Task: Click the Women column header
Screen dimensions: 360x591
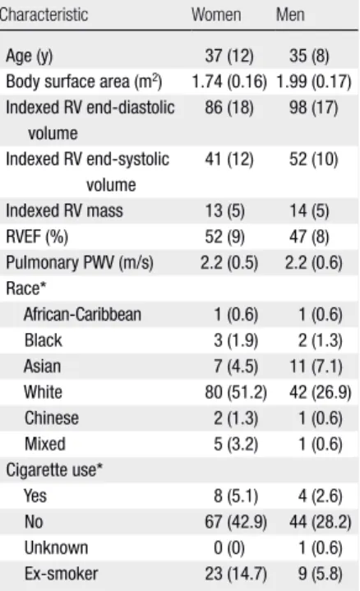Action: [x=216, y=15]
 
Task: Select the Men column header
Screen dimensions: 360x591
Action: [x=290, y=15]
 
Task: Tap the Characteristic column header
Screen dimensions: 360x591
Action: [x=44, y=15]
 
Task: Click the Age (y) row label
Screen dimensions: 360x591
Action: [x=30, y=56]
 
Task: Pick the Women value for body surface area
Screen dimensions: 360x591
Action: [x=229, y=82]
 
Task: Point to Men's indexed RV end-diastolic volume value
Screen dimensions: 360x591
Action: [x=314, y=108]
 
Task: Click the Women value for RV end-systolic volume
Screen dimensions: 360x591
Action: [x=229, y=159]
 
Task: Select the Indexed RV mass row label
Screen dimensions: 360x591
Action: [x=64, y=210]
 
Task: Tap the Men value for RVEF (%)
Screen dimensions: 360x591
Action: [x=309, y=237]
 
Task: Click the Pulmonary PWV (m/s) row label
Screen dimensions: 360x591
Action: [x=80, y=263]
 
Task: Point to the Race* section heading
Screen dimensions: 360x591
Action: [x=25, y=289]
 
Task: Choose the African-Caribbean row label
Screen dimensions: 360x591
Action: [x=82, y=314]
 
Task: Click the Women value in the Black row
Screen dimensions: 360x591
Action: [x=236, y=340]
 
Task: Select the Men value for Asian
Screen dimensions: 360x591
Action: [x=316, y=367]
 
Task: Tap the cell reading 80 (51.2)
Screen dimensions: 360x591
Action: [x=236, y=392]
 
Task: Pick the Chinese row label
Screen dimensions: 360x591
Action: [x=52, y=418]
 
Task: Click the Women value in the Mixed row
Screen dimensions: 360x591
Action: [x=236, y=444]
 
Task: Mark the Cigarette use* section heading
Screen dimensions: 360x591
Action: [x=54, y=470]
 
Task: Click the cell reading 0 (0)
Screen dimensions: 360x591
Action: [x=229, y=547]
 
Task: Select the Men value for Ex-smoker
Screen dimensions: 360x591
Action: [x=321, y=574]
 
